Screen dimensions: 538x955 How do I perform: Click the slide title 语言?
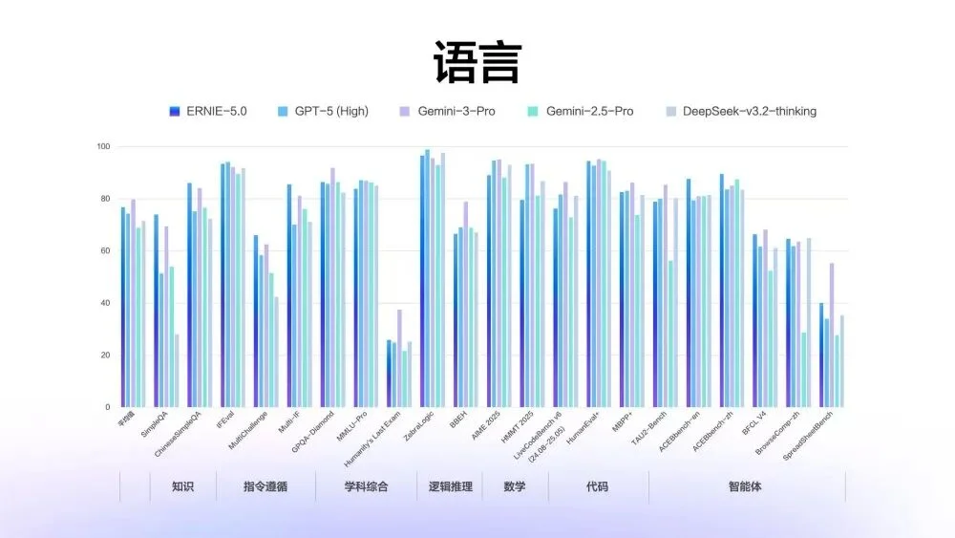pos(477,62)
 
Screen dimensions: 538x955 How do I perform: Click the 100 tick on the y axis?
pos(102,147)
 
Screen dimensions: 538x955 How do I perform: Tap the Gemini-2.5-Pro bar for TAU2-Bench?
pos(671,334)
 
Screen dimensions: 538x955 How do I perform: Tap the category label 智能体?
pos(746,487)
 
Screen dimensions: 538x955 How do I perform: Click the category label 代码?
pos(597,487)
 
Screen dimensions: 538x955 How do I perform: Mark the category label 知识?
pos(182,487)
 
